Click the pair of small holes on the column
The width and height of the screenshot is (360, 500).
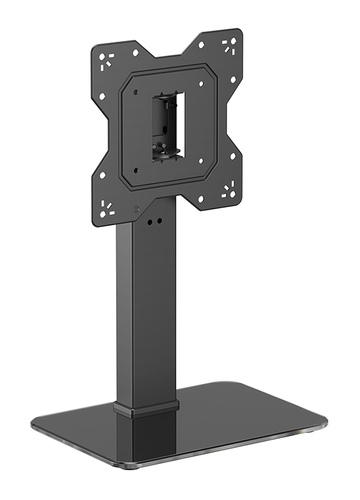pos(152,222)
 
